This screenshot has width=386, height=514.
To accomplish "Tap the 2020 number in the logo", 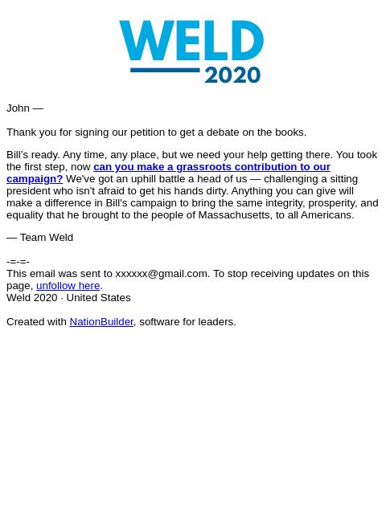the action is coord(232,75).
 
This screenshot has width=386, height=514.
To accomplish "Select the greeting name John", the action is coord(18,108).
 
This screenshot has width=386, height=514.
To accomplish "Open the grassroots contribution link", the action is coord(211,167).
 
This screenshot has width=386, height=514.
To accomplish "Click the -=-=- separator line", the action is coord(18,261).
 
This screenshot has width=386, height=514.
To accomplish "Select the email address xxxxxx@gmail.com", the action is coord(161,274).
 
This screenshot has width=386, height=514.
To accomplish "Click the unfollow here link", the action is coord(68,286).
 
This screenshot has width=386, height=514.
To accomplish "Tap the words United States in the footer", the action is coord(98,298).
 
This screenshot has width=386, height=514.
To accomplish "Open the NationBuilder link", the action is coord(101,322).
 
